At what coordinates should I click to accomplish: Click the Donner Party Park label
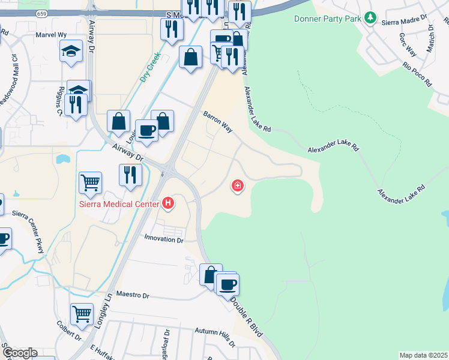point(328,19)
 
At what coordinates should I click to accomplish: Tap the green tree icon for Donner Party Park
point(372,18)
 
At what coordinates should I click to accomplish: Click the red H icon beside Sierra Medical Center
point(168,203)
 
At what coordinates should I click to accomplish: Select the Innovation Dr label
point(163,239)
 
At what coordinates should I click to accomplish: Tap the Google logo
point(19,353)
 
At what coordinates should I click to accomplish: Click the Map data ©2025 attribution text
point(424,355)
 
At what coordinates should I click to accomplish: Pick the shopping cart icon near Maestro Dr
point(82,313)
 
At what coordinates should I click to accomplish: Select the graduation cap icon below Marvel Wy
point(71,52)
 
